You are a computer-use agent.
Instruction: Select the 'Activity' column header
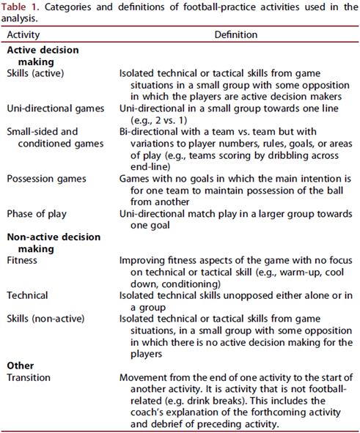tap(24, 34)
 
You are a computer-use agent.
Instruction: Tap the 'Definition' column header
tap(235, 34)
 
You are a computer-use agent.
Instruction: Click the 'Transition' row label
tap(29, 377)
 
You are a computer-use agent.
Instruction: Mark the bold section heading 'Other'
tap(21, 366)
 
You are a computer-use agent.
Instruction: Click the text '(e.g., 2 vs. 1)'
tap(152, 119)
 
